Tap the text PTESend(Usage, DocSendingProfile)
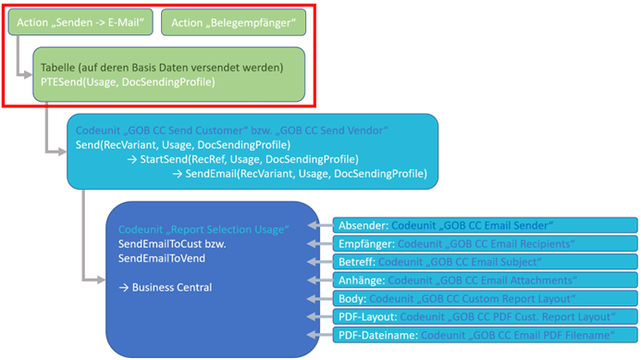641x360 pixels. pos(127,82)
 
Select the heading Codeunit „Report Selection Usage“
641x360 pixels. pos(204,228)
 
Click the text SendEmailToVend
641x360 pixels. pos(162,258)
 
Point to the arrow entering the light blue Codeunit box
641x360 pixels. pos(60,148)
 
